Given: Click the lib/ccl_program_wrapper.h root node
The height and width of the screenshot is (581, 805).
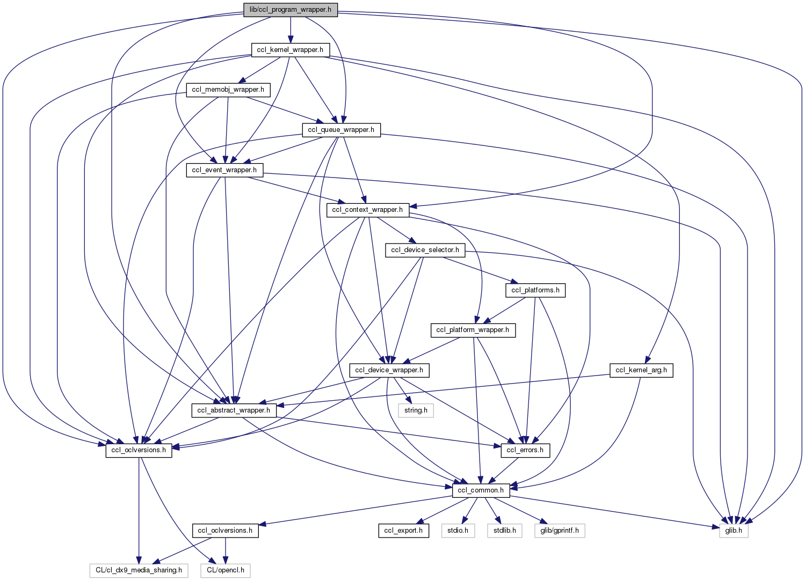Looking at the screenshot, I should click(291, 10).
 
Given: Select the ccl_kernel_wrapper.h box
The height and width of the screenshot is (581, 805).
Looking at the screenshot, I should click(290, 50).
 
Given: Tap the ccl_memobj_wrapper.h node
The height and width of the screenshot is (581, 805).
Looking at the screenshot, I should click(228, 90).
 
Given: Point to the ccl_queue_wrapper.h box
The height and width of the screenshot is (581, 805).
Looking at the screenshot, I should click(341, 130).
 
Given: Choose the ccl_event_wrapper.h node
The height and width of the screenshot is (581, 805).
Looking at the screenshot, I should click(224, 170).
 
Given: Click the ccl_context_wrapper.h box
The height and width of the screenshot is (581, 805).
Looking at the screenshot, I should click(367, 210).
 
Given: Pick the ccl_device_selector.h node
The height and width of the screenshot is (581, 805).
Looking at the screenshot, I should click(425, 250).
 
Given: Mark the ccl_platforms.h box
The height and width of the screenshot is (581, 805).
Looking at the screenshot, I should click(535, 290).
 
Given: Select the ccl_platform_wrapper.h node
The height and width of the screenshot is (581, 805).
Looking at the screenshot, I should click(473, 330).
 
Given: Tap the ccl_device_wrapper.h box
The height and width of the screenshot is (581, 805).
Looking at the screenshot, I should click(389, 370).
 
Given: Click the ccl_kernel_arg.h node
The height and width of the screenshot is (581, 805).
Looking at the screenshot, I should click(641, 370).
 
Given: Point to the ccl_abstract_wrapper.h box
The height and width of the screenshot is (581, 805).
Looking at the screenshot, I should click(234, 410).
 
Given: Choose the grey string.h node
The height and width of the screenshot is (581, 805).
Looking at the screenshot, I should click(416, 410).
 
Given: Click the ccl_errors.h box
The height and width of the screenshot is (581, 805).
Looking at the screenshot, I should click(525, 450).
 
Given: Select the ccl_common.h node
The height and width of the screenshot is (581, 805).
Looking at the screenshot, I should click(481, 490).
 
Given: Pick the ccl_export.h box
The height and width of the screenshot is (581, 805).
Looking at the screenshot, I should click(403, 531).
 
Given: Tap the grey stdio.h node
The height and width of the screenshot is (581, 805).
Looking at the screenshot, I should click(458, 531).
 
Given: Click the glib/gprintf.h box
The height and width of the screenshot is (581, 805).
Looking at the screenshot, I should click(559, 531).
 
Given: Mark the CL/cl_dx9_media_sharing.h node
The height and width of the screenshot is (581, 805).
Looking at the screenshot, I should click(139, 570).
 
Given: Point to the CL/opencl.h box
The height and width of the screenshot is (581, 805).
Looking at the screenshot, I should click(226, 570).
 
